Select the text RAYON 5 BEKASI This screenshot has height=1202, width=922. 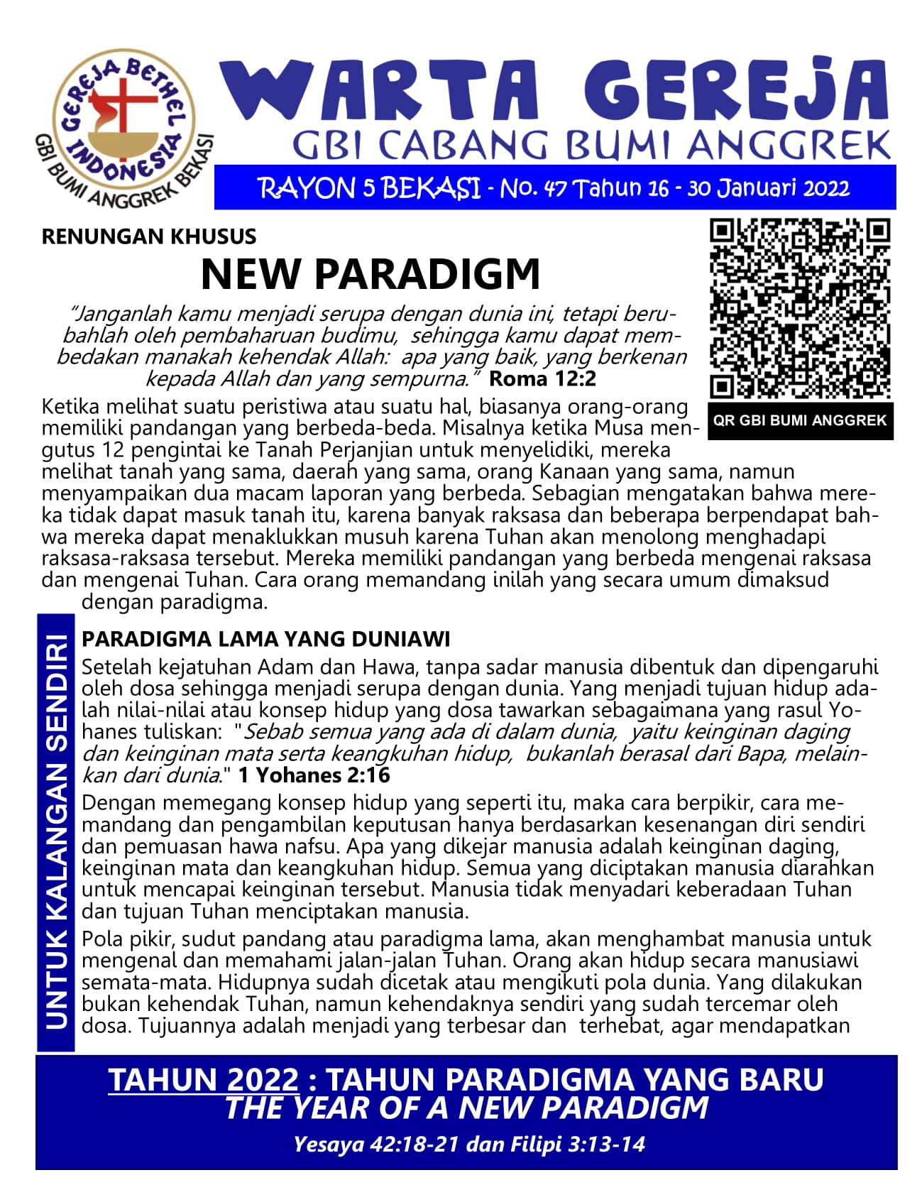369,189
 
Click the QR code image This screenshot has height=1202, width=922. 800,309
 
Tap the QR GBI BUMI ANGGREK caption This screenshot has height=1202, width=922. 800,420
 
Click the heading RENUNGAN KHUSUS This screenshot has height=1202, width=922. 149,236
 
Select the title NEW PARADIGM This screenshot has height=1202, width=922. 371,274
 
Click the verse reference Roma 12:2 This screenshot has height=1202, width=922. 543,379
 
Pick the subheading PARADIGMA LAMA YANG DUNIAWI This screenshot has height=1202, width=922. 266,639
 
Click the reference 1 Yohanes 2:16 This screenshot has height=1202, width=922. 314,775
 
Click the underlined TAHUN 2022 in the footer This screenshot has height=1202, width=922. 204,1080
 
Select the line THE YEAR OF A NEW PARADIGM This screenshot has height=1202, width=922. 466,1108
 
